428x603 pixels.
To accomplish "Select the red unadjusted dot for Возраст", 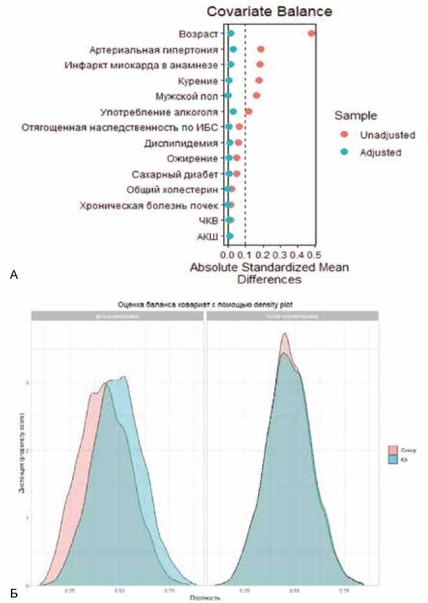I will [x=312, y=33].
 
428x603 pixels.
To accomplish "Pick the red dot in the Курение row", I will [x=259, y=80].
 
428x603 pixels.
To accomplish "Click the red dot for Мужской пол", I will [x=257, y=96].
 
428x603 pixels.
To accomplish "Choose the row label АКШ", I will [x=207, y=237].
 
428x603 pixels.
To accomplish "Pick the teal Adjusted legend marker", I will [x=344, y=153].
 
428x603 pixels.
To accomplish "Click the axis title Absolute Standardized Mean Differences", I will [x=269, y=273].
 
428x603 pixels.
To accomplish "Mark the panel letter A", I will [x=14, y=275].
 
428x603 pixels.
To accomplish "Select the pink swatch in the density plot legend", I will [x=393, y=450].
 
